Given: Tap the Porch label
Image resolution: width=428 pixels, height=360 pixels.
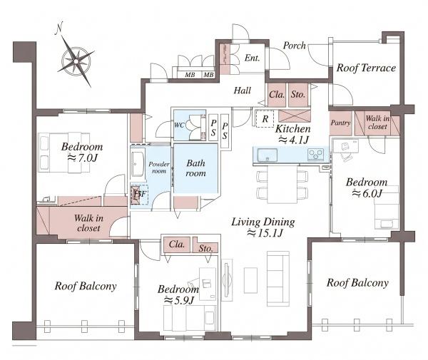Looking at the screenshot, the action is click(x=294, y=46).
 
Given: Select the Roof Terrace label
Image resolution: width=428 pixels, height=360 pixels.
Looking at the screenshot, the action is click(x=366, y=68).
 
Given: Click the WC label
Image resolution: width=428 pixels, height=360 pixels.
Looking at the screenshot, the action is click(x=179, y=125).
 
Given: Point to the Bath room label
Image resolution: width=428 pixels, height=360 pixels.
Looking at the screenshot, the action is click(x=195, y=168).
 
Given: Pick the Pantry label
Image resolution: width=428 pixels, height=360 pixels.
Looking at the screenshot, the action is click(x=340, y=123).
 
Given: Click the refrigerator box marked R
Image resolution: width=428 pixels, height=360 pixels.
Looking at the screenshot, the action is click(x=265, y=118).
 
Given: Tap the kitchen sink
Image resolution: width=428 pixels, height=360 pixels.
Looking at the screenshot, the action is click(x=267, y=155).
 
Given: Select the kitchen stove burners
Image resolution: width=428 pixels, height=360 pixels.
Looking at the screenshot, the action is click(x=316, y=155).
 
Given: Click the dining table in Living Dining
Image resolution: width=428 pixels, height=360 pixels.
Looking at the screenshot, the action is click(x=282, y=185).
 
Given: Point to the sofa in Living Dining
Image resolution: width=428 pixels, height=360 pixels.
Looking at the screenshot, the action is click(x=278, y=279).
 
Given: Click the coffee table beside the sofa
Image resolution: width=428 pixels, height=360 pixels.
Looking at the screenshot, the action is click(x=250, y=280).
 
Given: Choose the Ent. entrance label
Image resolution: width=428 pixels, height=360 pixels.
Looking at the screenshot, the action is click(x=252, y=58).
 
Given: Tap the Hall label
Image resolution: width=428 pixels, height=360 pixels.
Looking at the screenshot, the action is click(x=242, y=91).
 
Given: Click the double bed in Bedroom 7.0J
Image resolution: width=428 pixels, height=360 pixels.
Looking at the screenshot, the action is click(x=64, y=153).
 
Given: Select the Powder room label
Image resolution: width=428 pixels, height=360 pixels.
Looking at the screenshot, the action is click(x=159, y=168).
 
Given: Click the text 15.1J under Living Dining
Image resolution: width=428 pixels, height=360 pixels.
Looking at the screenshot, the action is click(x=265, y=233).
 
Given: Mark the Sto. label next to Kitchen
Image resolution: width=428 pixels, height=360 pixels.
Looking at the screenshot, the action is click(x=297, y=95).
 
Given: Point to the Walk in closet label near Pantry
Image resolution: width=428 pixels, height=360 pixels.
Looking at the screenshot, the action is click(x=377, y=123).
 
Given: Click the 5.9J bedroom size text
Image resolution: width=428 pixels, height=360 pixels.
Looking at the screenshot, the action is click(x=178, y=301).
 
